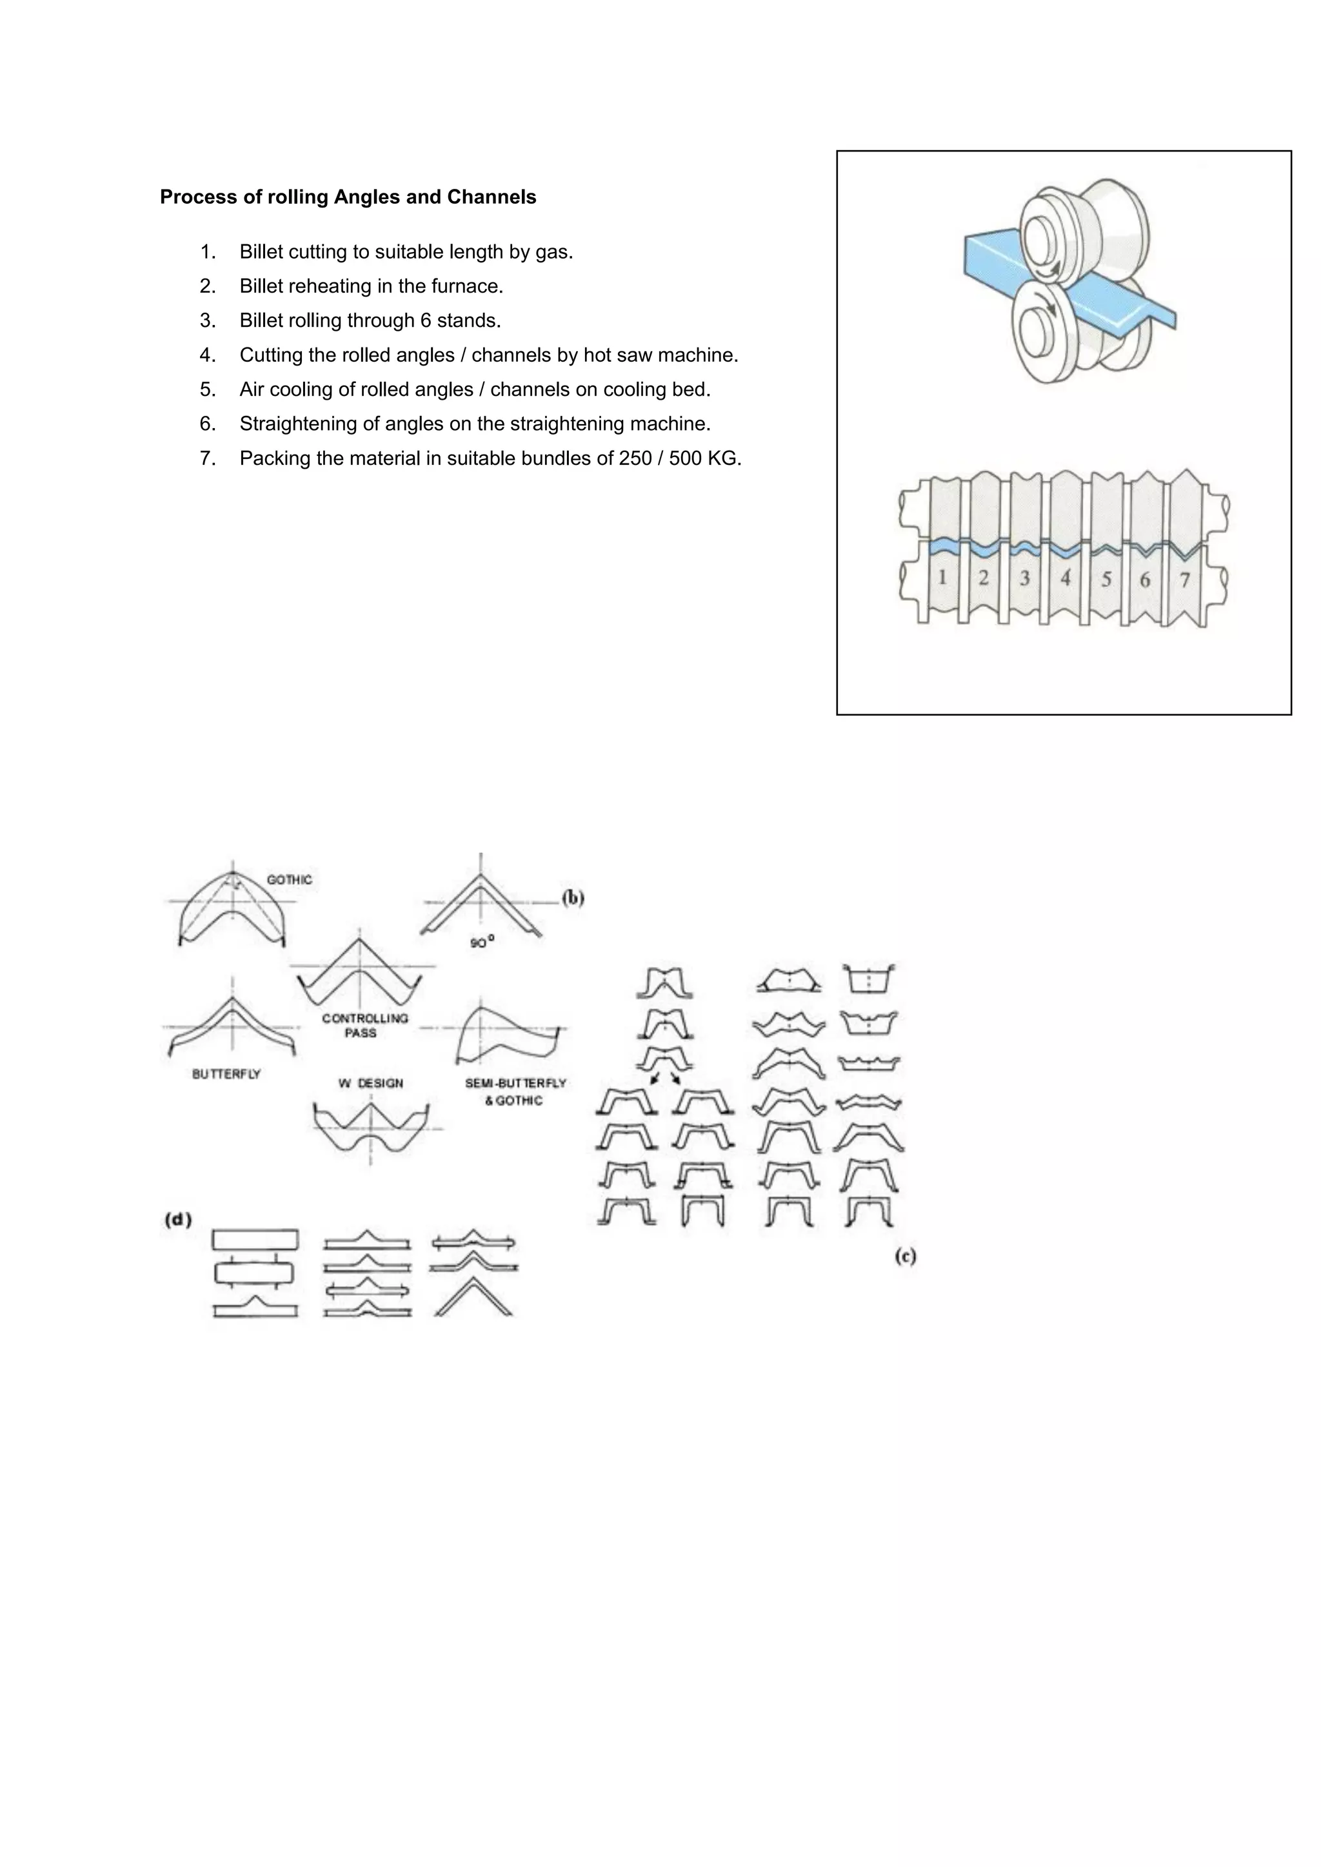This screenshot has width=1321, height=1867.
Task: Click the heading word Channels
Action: pyautogui.click(x=492, y=197)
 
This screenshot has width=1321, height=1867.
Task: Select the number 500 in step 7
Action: pyautogui.click(x=685, y=458)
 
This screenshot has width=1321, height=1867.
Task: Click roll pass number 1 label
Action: pyautogui.click(x=942, y=578)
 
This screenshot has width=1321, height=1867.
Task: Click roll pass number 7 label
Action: pyautogui.click(x=1184, y=580)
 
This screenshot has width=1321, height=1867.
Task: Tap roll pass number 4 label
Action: pyautogui.click(x=1065, y=578)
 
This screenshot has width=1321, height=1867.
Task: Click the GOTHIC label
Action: pyautogui.click(x=289, y=880)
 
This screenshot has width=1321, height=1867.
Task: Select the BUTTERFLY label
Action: pyautogui.click(x=226, y=1074)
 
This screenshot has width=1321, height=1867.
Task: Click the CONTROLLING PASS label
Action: pyautogui.click(x=364, y=1026)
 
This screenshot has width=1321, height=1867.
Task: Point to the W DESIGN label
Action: pyautogui.click(x=370, y=1083)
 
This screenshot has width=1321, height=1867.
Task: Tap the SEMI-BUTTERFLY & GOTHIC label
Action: pyautogui.click(x=515, y=1091)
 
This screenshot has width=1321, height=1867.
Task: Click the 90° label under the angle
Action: pyautogui.click(x=482, y=943)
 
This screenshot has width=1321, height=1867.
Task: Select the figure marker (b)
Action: pyautogui.click(x=573, y=898)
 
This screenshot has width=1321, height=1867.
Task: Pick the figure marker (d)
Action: pyautogui.click(x=178, y=1220)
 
